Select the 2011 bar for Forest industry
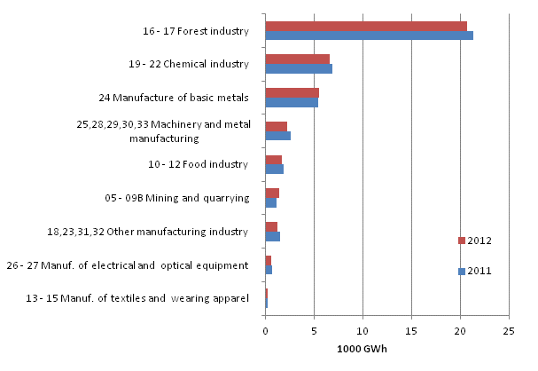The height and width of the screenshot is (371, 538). click(x=369, y=36)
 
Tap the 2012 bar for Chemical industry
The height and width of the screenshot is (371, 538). click(x=297, y=59)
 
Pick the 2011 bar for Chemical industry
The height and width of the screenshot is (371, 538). click(x=299, y=69)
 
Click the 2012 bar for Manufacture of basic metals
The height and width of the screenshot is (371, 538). click(x=292, y=92)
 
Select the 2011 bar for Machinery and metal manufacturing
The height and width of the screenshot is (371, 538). click(x=277, y=136)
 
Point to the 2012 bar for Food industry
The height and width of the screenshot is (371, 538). click(x=273, y=160)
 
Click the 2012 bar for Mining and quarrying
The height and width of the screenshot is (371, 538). click(x=272, y=193)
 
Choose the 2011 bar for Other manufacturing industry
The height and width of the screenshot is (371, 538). click(x=272, y=236)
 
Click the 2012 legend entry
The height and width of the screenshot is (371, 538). click(x=474, y=241)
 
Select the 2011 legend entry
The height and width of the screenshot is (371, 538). click(x=474, y=272)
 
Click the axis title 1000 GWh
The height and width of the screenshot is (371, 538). click(x=362, y=347)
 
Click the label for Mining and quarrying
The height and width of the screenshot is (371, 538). click(x=187, y=197)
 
